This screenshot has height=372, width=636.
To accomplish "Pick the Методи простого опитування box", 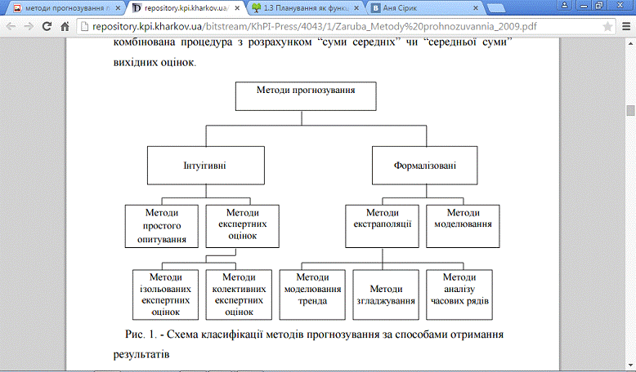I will (x=162, y=225).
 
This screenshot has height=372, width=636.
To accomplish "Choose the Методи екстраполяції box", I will (x=382, y=224).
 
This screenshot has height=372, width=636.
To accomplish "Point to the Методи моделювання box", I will (x=463, y=224).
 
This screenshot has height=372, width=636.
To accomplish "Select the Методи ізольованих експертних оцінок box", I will (x=166, y=294).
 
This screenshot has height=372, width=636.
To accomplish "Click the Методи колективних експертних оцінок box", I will (x=238, y=294).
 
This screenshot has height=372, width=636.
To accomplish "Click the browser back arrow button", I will (x=11, y=26).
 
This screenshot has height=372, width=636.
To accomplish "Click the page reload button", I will (x=52, y=26).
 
